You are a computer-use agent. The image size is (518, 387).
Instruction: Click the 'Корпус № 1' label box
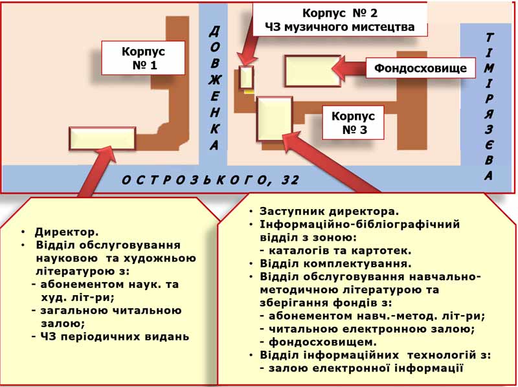point(143,58)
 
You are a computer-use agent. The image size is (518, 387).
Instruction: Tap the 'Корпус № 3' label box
point(353,122)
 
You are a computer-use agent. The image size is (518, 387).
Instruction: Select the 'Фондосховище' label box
point(420,68)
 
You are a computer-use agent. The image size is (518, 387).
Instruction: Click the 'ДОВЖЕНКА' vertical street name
point(214,89)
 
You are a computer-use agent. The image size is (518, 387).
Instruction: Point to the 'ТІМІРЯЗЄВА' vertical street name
point(490,107)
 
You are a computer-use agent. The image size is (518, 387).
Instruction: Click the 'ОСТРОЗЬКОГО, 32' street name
point(210,180)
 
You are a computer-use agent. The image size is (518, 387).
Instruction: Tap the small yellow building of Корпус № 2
point(246,78)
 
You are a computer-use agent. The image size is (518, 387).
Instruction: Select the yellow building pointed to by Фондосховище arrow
point(313,71)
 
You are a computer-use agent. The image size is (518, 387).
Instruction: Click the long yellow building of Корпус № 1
point(102,138)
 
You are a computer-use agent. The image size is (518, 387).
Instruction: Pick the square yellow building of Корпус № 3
point(275,118)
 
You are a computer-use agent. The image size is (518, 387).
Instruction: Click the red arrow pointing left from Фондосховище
point(349,69)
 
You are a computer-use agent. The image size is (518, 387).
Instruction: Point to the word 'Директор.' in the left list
point(67,232)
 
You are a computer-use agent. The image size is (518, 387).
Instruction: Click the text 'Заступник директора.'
point(330,211)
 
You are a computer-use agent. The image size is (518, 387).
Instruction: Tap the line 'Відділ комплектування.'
point(335,263)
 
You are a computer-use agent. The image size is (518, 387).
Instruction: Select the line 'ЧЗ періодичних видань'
point(111,337)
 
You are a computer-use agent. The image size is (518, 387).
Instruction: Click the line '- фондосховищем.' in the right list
point(319,342)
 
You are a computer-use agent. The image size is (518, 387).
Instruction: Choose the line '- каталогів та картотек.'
point(335,250)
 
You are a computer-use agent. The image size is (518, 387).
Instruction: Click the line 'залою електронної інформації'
point(362,368)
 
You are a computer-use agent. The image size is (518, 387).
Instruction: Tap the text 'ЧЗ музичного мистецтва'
point(341,27)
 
